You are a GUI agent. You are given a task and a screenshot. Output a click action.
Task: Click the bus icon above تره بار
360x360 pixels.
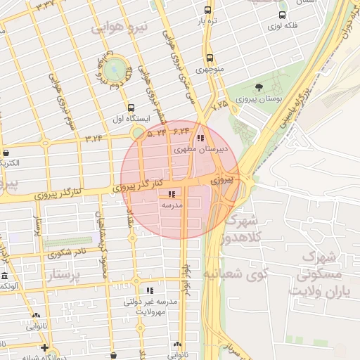pyautogui.click(x=207, y=10)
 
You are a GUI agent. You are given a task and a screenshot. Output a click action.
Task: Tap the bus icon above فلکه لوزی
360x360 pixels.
pyautogui.click(x=282, y=15)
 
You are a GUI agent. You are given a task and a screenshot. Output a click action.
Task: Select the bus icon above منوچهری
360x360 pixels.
pyautogui.click(x=210, y=58)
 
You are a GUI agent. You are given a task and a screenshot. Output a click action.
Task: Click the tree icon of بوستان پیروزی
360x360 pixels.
pyautogui.click(x=259, y=88)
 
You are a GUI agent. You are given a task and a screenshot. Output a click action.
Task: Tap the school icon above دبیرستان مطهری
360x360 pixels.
pyautogui.click(x=202, y=139)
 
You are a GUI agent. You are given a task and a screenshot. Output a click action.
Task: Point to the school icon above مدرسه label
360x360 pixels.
pyautogui.click(x=172, y=194)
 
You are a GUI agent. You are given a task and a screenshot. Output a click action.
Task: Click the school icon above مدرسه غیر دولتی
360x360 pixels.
pyautogui.click(x=149, y=290)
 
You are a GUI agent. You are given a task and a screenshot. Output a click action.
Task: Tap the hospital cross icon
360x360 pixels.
pyautogui.click(x=44, y=347)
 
